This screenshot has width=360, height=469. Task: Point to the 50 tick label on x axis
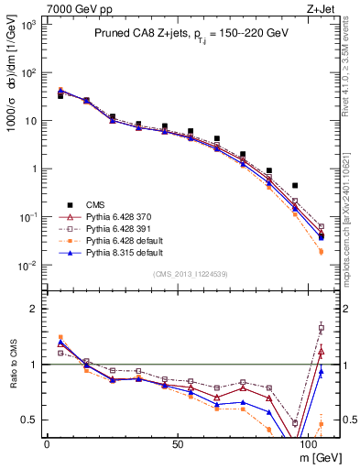[x=179, y=442]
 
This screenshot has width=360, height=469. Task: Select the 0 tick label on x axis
[x=47, y=442]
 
